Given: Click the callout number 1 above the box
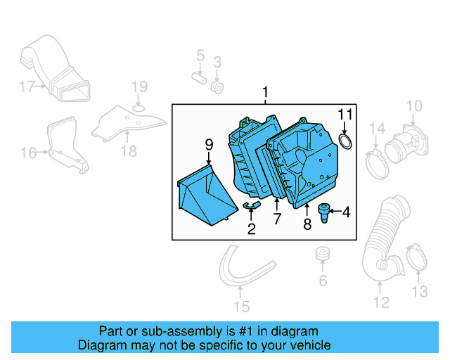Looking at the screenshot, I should [266, 92].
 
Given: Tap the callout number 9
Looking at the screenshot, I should [209, 144].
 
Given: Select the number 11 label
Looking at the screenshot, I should [345, 115].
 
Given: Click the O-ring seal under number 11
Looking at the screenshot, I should [346, 143].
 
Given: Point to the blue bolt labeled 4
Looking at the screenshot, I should [325, 211].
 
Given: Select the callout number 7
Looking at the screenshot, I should [277, 219].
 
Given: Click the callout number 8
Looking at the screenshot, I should [307, 224].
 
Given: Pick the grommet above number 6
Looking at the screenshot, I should [323, 254].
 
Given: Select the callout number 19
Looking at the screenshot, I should [139, 87].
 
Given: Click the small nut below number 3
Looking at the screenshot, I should [217, 87].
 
